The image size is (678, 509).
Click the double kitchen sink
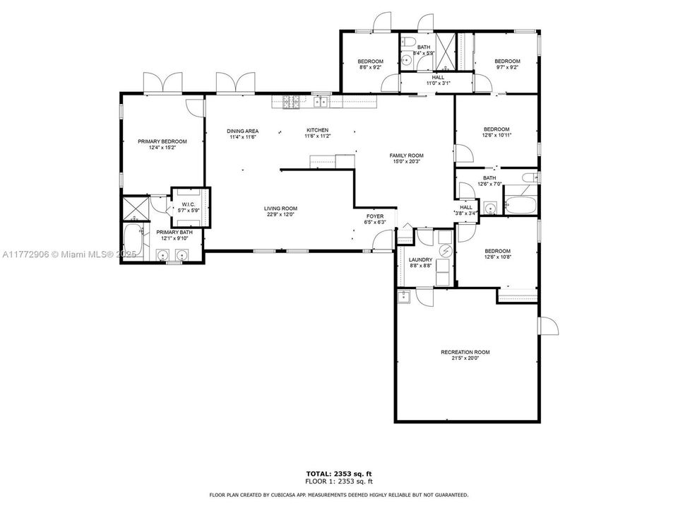pos(321,102)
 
